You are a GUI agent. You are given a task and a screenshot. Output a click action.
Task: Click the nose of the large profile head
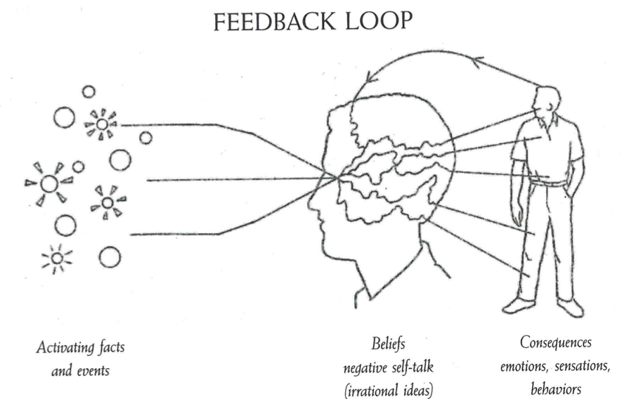[x=312, y=211]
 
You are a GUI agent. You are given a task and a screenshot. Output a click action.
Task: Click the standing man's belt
[x=550, y=183]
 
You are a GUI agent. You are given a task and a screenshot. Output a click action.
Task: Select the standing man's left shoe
[x=570, y=307]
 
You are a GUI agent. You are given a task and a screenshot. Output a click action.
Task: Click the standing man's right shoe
[x=519, y=305]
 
